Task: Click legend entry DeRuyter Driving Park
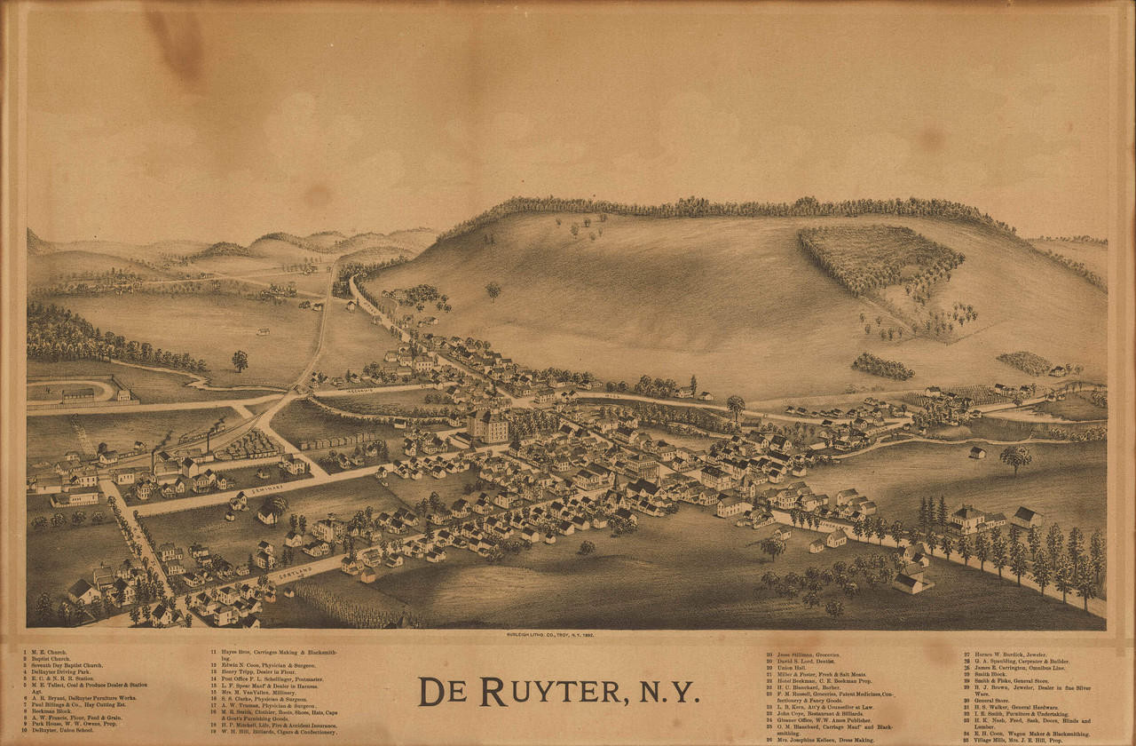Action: pos(67,671)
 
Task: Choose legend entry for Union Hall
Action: pos(793,666)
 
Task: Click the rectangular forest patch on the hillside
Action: pos(879,258)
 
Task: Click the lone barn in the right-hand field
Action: pos(976,453)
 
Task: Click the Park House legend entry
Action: pos(71,723)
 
